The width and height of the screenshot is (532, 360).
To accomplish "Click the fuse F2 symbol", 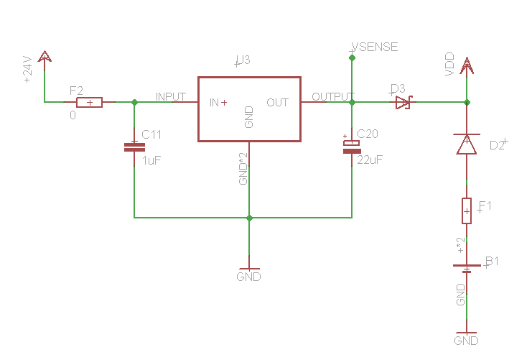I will pos(89,103).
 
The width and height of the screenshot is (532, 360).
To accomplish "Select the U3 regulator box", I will pos(249,109).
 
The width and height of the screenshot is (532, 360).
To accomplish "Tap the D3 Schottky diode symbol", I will pos(403,103).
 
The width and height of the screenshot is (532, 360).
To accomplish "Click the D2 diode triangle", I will pos(467,144).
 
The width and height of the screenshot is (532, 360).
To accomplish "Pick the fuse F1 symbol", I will pos(467,211).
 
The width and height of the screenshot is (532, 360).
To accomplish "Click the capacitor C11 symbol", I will pos(134,147).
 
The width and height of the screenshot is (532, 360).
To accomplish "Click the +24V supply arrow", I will pos(45,57).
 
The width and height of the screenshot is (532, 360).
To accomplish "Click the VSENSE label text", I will pos(373,47).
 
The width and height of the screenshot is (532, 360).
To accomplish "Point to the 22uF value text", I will pos(370,160).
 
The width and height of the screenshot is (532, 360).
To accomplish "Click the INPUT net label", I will pos(171,96).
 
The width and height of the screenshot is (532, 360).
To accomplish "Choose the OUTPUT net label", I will pos(332,96).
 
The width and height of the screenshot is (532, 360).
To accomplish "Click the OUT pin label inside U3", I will pos(277,103).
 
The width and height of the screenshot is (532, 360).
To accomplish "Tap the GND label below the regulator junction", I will pos(249,277).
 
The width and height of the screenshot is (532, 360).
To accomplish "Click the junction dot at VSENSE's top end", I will pos(352,57).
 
